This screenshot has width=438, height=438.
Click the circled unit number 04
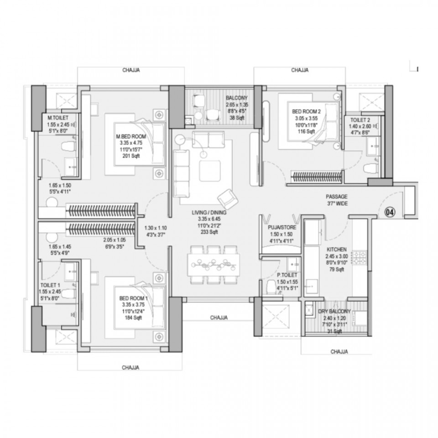pos(391,212)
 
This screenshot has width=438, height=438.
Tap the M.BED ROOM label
pos(131,136)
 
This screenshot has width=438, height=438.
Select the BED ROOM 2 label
pos(307,111)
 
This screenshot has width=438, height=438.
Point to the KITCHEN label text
pos(337,250)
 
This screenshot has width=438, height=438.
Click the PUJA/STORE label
pos(282,227)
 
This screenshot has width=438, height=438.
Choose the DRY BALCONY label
pos(334,312)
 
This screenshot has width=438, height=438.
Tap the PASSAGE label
pos(337,197)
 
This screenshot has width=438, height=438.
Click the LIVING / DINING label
pos(209,213)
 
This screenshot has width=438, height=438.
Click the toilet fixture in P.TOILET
pos(271,287)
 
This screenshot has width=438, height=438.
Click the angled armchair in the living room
pos(228,199)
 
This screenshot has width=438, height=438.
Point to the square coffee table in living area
pos(210,171)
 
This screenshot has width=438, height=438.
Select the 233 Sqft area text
pos(209,232)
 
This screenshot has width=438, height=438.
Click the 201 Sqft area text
pos(131,156)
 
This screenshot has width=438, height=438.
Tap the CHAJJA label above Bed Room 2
pos(300,70)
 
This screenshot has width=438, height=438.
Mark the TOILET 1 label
pos(50,285)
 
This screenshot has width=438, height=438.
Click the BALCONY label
pos(237,98)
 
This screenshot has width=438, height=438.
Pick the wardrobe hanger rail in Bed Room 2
pos(317,177)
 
